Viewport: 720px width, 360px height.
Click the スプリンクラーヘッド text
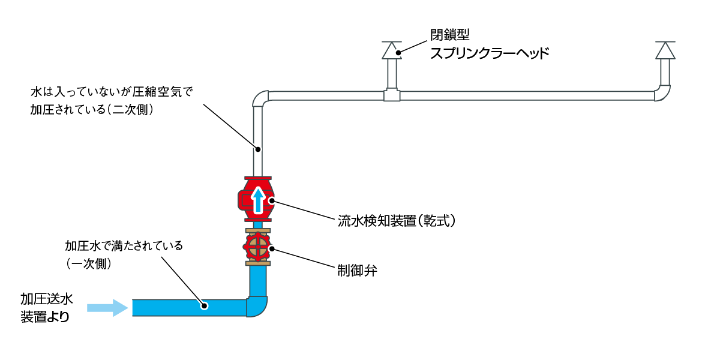(489, 53)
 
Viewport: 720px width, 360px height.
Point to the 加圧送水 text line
(47, 299)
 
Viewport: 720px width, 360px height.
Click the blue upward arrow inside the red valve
(258, 200)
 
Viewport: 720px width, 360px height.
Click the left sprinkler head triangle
(392, 50)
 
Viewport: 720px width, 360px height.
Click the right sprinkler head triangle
(665, 50)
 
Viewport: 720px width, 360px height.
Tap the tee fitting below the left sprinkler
(392, 95)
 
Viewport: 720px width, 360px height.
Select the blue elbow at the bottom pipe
(257, 306)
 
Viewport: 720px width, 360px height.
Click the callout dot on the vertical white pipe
(258, 148)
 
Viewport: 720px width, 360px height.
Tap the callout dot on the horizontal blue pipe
(204, 306)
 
